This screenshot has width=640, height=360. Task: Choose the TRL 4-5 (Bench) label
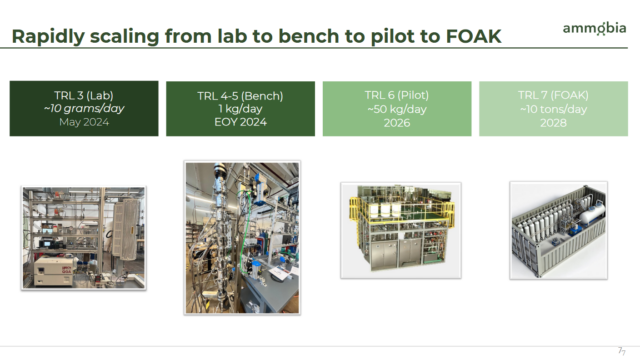[x=240, y=97]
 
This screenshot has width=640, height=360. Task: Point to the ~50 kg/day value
[x=397, y=110]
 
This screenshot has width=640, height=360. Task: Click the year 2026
[x=397, y=123]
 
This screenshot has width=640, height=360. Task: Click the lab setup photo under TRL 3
[x=84, y=238]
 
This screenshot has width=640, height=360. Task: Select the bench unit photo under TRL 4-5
[x=241, y=238]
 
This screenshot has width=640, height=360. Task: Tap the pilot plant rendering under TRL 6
[x=400, y=230]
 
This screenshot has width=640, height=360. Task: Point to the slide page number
[x=620, y=350]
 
